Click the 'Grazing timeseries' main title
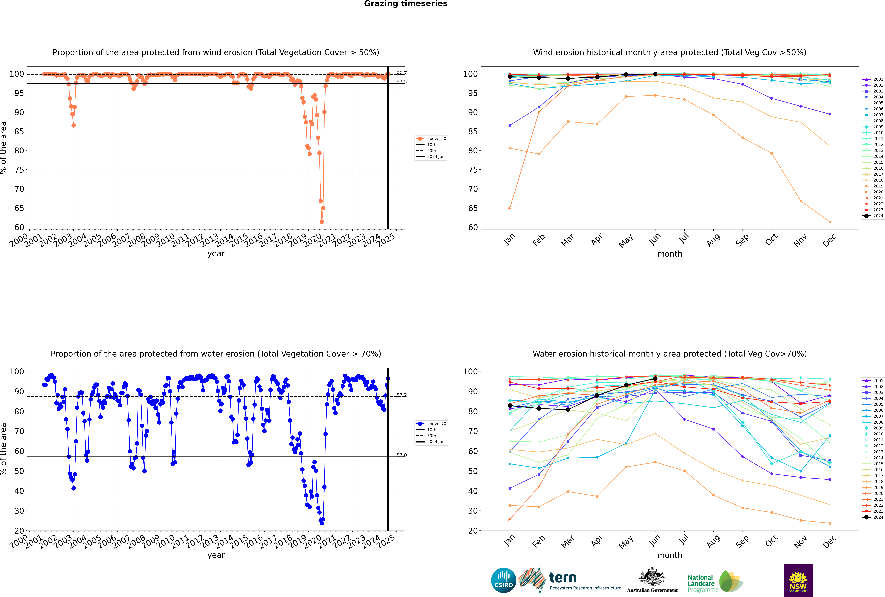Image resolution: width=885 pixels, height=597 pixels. [406, 4]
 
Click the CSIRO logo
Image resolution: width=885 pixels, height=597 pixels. [503, 580]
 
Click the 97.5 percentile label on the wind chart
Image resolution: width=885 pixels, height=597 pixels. [401, 81]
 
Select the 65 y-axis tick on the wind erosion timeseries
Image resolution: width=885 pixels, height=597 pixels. [19, 208]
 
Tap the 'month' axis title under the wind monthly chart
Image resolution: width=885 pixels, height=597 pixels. [670, 254]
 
